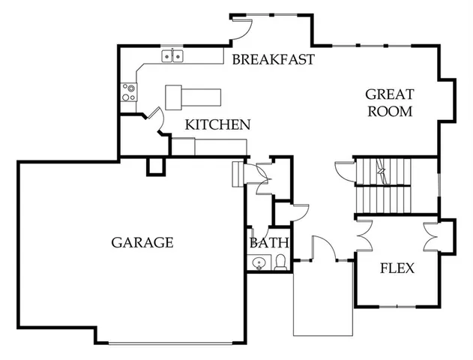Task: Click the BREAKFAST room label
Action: [272, 59]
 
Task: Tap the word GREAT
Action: [388, 94]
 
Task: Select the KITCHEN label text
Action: [218, 124]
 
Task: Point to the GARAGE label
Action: [142, 242]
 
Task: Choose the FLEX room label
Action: [397, 268]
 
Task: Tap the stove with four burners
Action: [130, 92]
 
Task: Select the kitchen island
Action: [193, 96]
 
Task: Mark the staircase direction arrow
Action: [382, 171]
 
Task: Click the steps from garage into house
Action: [238, 173]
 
